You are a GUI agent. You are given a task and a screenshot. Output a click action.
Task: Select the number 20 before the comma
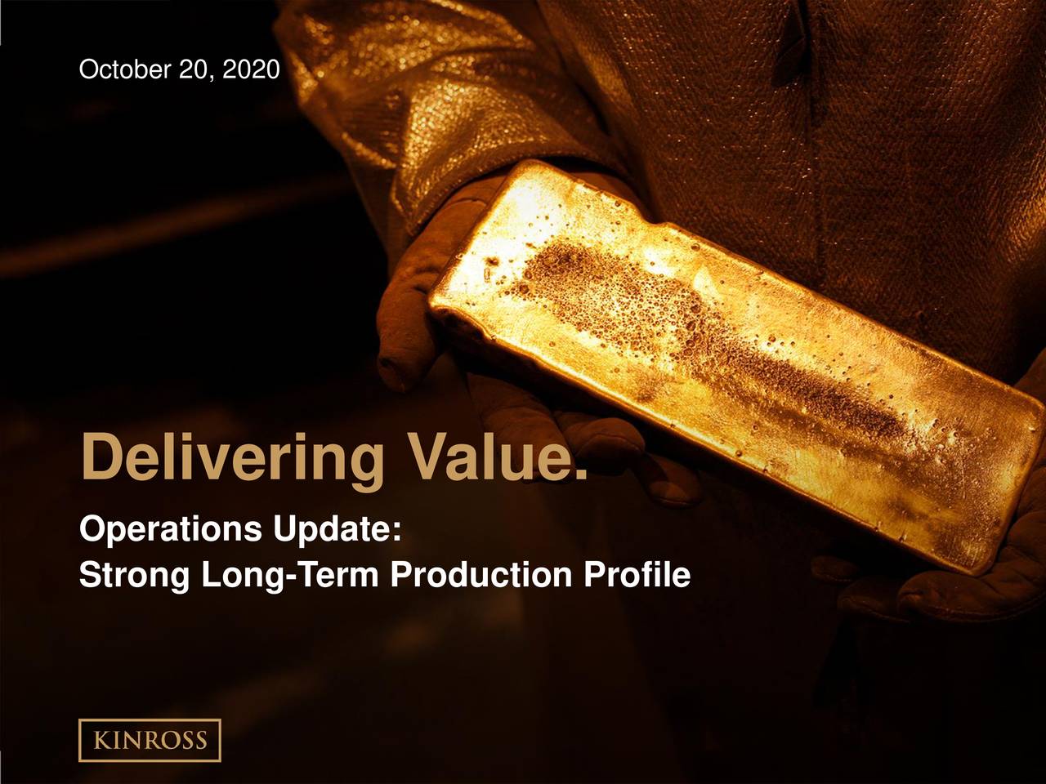[x=193, y=71]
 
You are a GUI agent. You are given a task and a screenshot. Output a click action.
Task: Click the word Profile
[x=637, y=576]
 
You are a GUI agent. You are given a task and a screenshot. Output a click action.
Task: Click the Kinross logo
[x=150, y=740]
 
